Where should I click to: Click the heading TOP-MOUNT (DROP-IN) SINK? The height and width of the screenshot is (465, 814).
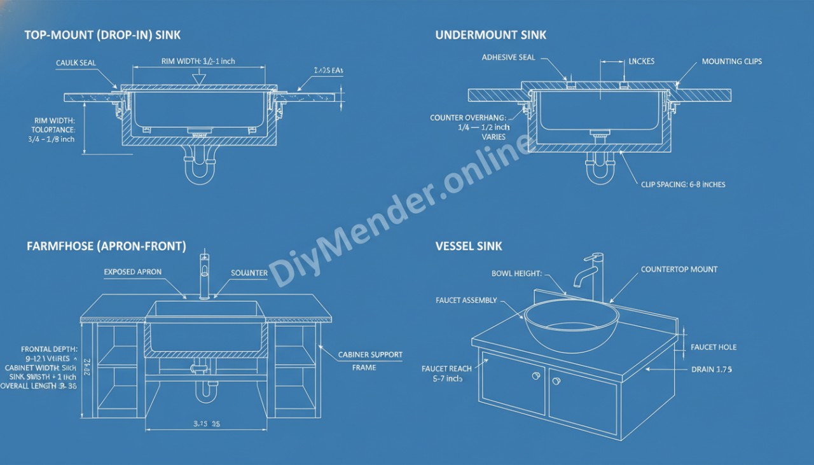click(x=102, y=35)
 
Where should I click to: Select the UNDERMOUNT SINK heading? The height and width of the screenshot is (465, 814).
click(x=490, y=35)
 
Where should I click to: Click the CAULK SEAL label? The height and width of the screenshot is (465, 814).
click(x=76, y=63)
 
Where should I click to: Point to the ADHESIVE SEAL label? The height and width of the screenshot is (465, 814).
click(x=508, y=57)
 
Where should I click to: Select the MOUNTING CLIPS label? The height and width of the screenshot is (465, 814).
click(x=731, y=62)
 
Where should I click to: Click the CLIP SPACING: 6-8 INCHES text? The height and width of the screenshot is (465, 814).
click(x=683, y=184)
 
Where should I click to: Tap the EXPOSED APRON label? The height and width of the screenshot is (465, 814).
click(x=132, y=272)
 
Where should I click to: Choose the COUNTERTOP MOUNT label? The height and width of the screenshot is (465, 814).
click(x=679, y=269)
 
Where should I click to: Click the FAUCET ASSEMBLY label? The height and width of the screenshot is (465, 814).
click(x=466, y=300)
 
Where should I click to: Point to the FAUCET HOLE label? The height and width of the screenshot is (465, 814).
click(x=714, y=347)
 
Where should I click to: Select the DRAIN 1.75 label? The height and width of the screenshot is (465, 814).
click(x=711, y=369)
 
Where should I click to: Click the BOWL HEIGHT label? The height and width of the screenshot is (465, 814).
click(x=516, y=274)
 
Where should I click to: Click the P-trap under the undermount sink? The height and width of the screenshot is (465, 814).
click(x=600, y=167)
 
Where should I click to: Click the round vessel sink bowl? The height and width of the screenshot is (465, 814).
click(x=571, y=324)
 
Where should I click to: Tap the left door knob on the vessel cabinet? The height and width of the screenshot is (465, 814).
click(x=535, y=376)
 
